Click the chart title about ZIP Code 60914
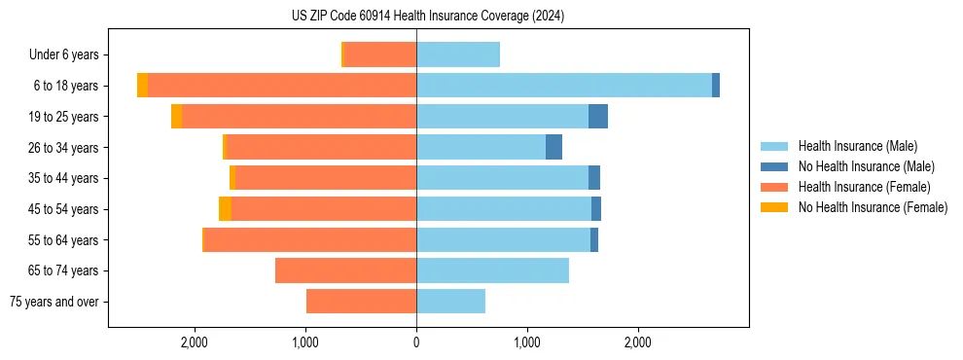point(427,17)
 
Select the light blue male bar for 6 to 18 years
point(564,86)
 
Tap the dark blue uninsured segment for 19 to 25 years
point(598,117)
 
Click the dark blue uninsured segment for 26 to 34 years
point(553,148)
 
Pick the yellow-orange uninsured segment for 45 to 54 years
point(225,209)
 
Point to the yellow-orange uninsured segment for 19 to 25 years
point(176,117)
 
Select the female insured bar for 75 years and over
point(361,302)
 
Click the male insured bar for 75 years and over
point(450,302)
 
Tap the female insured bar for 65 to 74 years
point(345,270)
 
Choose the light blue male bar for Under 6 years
point(458,55)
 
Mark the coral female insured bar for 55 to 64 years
point(310,240)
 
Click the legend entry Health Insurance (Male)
point(857,146)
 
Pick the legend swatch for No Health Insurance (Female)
point(775,207)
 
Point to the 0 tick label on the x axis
point(416,342)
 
